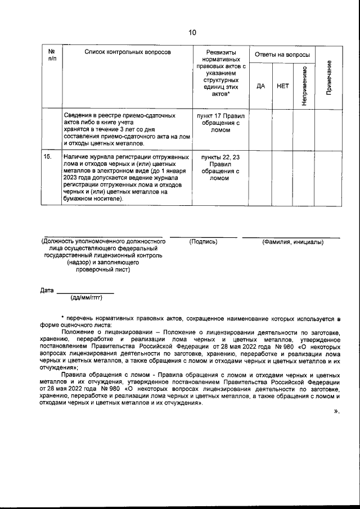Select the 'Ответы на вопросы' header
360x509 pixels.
[x=282, y=55]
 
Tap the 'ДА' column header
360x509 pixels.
[x=260, y=87]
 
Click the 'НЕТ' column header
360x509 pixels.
[x=283, y=87]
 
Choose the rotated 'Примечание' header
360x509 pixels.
[x=328, y=77]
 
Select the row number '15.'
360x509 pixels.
[x=48, y=157]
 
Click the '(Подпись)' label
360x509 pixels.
[x=204, y=242]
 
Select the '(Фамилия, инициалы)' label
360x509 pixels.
[x=292, y=242]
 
